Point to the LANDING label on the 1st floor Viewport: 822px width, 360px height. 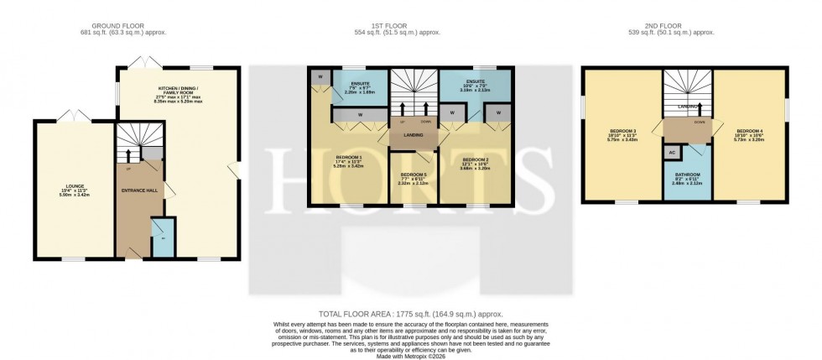[x=412, y=134]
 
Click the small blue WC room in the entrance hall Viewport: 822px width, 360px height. [x=162, y=234]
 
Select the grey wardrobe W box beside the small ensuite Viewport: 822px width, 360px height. [x=320, y=77]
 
